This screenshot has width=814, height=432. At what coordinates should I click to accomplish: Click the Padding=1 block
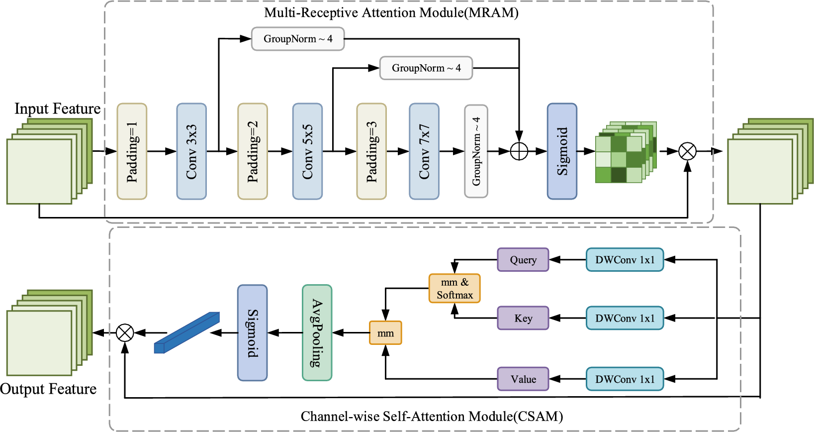tap(132, 151)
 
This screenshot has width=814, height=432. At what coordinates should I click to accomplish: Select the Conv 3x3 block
tap(191, 151)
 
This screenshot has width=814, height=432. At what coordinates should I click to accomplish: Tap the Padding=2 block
tap(253, 151)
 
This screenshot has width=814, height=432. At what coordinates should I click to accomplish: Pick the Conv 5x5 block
tap(307, 151)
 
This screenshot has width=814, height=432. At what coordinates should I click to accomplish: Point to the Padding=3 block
tap(371, 151)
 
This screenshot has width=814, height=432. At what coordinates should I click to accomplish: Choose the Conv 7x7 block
tap(424, 151)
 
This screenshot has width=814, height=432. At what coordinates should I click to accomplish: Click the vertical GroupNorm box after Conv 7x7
tap(476, 151)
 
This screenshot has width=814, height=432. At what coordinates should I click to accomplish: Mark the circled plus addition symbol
tap(519, 151)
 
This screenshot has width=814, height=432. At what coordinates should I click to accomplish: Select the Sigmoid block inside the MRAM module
tap(562, 151)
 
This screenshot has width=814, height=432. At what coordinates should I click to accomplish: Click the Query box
tap(523, 260)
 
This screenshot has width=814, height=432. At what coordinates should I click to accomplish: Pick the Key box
tap(523, 318)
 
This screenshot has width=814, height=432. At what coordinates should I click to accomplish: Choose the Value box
tap(523, 379)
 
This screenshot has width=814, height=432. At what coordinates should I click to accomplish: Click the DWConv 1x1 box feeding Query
tap(625, 260)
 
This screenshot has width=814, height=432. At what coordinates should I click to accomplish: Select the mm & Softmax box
tap(454, 288)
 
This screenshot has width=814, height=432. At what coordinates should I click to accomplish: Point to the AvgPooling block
tap(317, 332)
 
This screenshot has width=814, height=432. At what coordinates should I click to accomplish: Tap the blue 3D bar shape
tap(187, 332)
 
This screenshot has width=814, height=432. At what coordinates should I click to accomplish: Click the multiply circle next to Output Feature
tap(125, 332)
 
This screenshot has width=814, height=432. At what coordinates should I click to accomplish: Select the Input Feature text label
tap(57, 108)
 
